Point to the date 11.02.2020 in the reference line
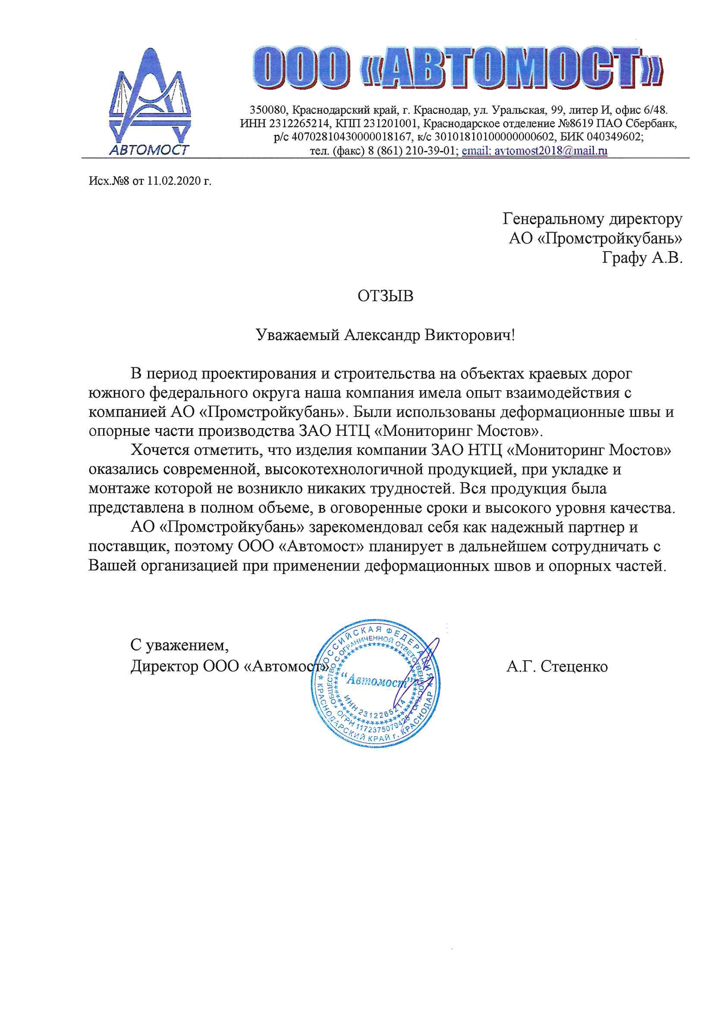(x=174, y=181)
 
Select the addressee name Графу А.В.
(x=642, y=258)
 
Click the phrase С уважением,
(x=179, y=645)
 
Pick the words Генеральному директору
(x=592, y=218)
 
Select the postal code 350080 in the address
(x=266, y=110)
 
